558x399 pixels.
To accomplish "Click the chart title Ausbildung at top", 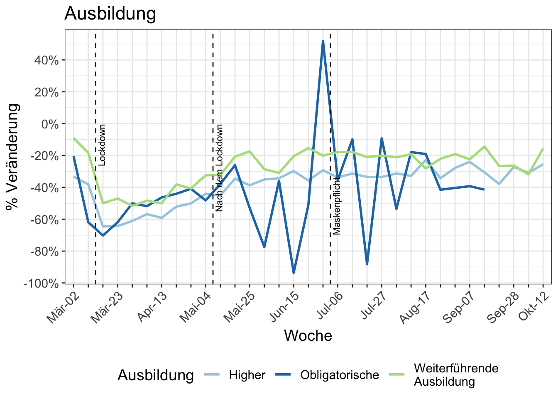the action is tap(110, 14).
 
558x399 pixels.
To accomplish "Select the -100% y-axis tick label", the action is tap(41, 283).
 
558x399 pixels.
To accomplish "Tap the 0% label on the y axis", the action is tap(50, 124).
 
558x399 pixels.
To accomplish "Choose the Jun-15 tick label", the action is tap(284, 307).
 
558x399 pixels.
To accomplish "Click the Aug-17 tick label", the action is tap(415, 308).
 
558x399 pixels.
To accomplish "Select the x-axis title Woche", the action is tap(308, 336).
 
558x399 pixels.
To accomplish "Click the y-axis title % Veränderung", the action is tap(12, 157).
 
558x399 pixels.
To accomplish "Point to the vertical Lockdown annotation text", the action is tap(102, 145).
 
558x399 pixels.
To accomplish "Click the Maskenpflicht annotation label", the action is tap(336, 206).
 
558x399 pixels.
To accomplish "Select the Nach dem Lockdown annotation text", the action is tap(219, 168).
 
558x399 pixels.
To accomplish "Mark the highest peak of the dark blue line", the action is tap(323, 41).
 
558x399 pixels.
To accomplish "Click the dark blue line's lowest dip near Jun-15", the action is tap(294, 273).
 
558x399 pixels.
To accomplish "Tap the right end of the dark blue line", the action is tap(484, 190).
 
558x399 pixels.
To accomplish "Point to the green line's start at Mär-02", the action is tap(73, 138).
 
